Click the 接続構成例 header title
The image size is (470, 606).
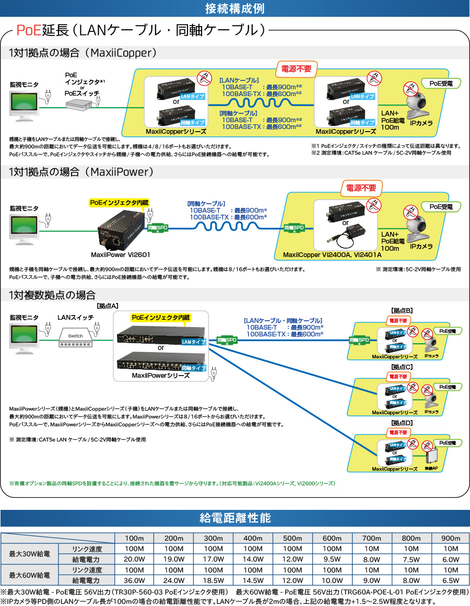tap(234, 9)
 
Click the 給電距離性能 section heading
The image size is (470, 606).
tap(235, 518)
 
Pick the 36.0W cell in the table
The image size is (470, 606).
tap(134, 580)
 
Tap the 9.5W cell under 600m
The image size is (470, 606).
tap(332, 559)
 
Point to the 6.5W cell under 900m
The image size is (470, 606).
tap(450, 580)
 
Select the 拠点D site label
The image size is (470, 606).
tap(402, 422)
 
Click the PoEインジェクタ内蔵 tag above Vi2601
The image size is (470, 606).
tap(119, 202)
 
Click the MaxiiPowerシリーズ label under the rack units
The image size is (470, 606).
tap(160, 376)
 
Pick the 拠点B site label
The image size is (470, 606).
tap(402, 310)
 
